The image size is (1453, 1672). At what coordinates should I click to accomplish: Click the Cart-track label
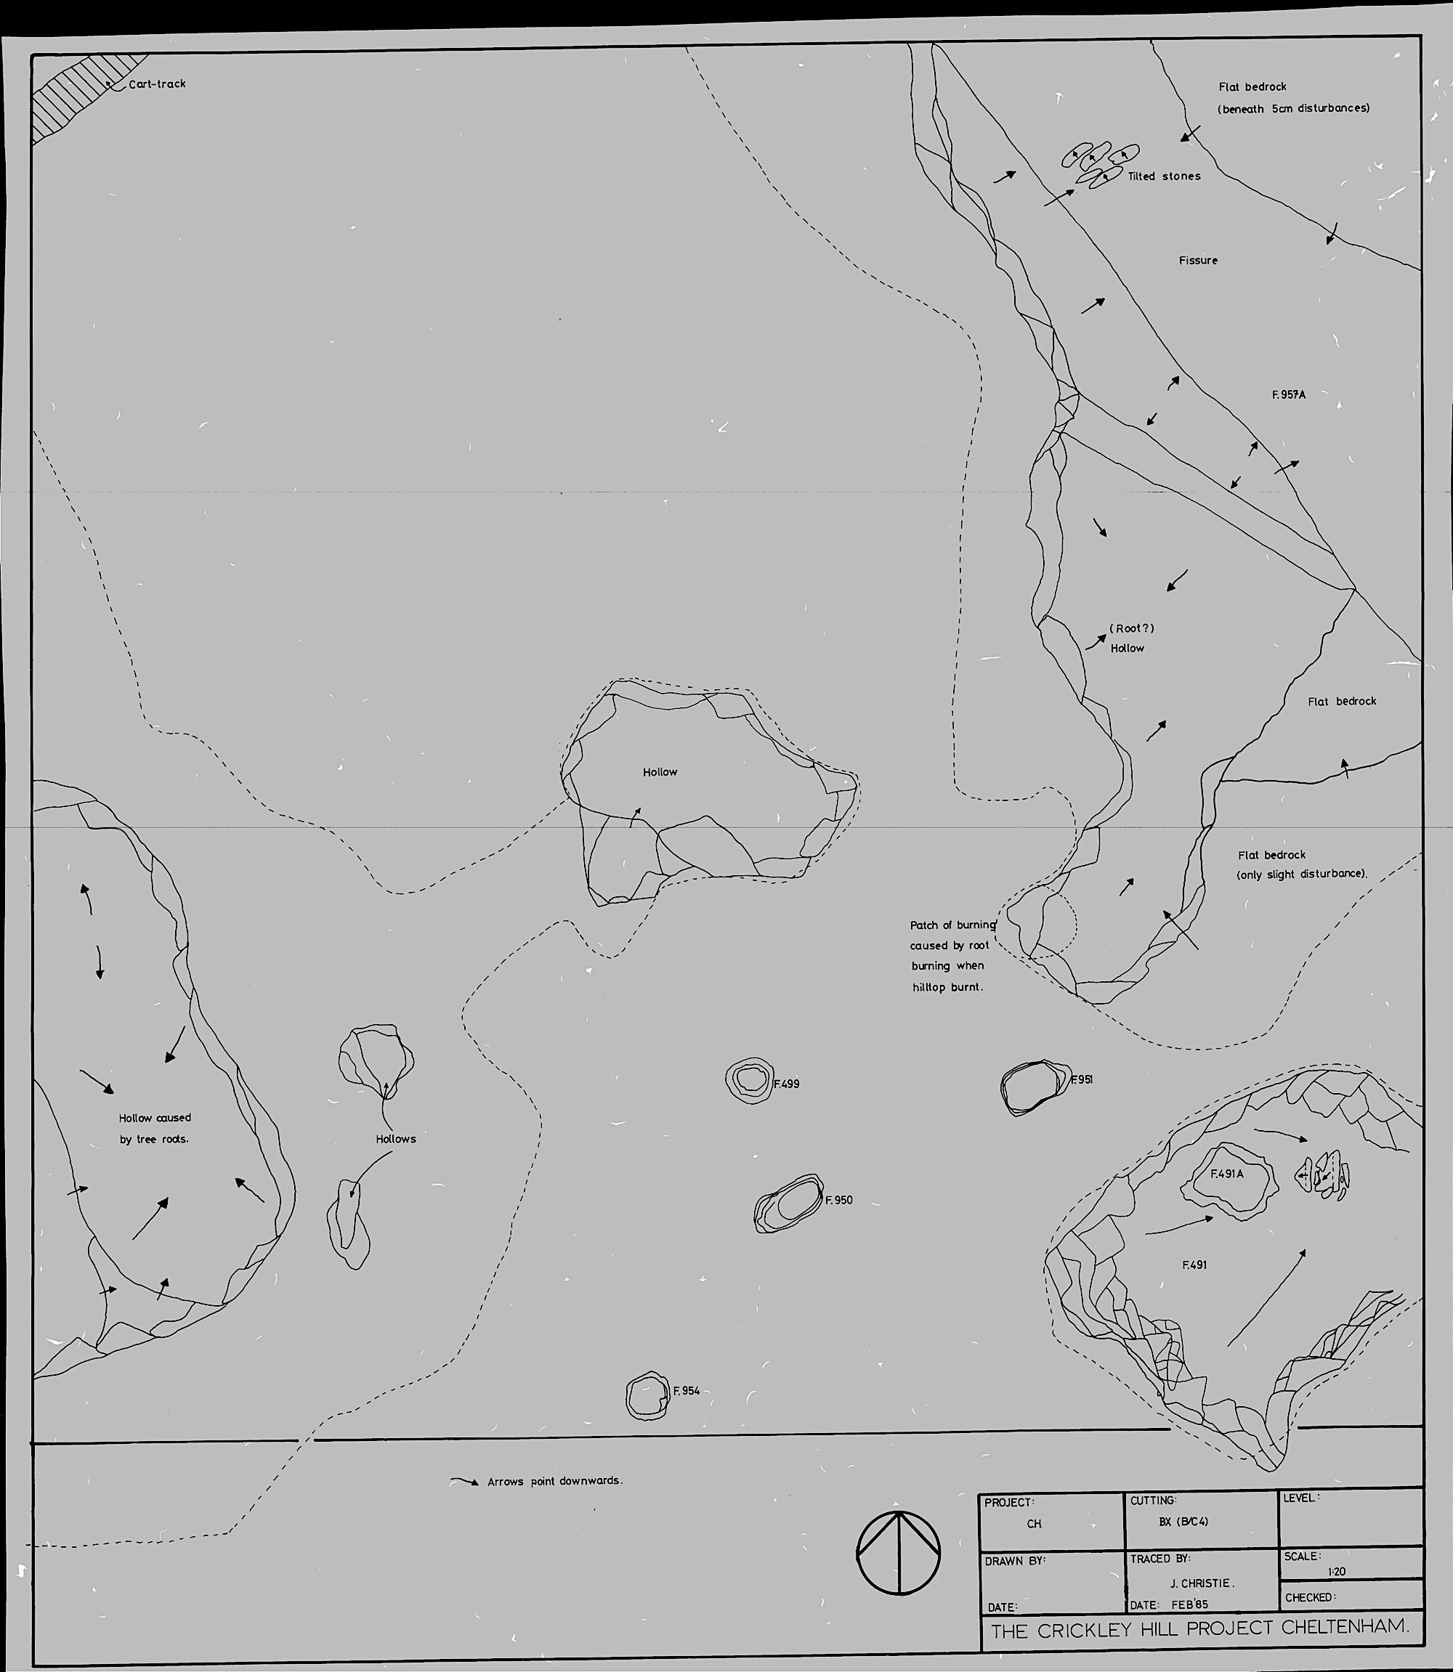click(158, 84)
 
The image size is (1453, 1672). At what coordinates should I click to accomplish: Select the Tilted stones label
click(1165, 176)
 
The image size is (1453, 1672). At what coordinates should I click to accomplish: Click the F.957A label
click(1288, 394)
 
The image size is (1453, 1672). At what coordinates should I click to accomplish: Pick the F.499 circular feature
click(749, 1079)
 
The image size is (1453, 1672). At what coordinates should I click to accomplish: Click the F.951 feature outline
click(1033, 1086)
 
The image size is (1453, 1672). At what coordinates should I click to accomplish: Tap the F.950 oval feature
click(788, 1203)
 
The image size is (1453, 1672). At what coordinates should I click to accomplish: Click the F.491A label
click(1227, 1174)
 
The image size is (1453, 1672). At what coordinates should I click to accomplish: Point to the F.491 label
click(1194, 1265)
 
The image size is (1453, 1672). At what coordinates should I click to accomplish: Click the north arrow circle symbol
click(899, 1551)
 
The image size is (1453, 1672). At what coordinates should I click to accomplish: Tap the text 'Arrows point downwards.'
click(554, 1481)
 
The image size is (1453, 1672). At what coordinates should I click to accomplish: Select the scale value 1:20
click(1336, 1571)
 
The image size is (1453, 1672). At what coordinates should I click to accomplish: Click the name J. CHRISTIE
click(1202, 1583)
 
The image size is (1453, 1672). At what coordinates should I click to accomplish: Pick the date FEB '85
click(1189, 1604)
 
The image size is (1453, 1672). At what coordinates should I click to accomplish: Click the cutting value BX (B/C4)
click(1183, 1521)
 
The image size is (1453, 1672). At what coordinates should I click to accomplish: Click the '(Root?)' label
click(1131, 628)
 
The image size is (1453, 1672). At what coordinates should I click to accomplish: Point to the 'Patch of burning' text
click(952, 925)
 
